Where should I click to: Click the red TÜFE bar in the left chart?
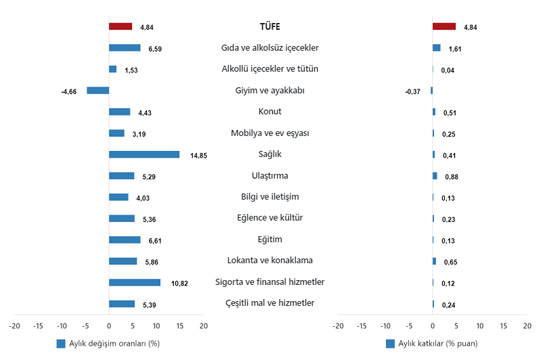121,26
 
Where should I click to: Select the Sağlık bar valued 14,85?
144,154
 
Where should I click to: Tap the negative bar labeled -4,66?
97,90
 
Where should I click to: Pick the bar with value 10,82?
135,282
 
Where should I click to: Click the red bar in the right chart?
444,26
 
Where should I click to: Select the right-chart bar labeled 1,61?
437,48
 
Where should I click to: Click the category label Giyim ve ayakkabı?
269,90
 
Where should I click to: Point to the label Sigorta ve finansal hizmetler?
269,282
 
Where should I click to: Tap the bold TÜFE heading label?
269,26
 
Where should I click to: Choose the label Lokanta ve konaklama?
269,261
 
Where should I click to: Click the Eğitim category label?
269,240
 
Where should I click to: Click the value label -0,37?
412,91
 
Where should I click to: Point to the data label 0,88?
452,177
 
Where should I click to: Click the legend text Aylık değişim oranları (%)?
114,344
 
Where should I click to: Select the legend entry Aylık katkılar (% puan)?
436,344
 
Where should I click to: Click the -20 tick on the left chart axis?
15,325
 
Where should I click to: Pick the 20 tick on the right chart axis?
527,325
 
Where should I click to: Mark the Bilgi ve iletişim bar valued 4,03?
118,197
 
